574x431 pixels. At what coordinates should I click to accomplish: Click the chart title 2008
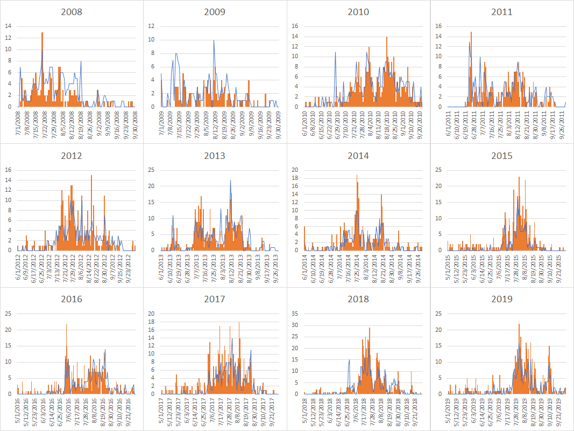point(72,11)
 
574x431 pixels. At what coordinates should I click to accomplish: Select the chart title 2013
point(215,156)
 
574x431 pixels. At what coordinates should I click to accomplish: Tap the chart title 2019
point(501,299)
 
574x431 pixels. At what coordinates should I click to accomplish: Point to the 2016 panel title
point(72,299)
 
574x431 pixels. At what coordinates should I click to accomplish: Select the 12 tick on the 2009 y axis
point(152,26)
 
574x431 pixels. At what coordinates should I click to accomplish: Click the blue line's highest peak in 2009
point(214,40)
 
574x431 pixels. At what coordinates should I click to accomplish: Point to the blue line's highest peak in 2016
point(66,324)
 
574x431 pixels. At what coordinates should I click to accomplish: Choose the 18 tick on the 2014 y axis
point(295,178)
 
